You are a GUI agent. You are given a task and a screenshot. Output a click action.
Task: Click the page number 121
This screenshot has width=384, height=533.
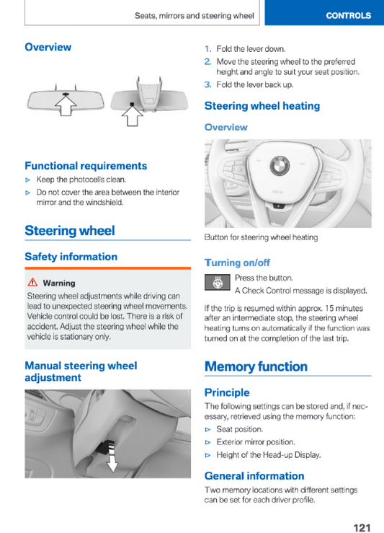click(x=362, y=527)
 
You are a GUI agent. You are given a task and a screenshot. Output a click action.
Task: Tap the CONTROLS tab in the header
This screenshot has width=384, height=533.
click(x=349, y=16)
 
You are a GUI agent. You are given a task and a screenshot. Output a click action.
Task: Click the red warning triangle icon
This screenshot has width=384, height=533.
click(x=32, y=282)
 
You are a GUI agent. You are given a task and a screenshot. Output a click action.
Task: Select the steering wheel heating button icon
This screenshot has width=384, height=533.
click(x=218, y=282)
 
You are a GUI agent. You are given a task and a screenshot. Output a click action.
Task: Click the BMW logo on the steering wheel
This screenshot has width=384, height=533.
click(x=280, y=166)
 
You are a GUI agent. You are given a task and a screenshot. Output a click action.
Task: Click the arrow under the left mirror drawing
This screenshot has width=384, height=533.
click(x=66, y=105)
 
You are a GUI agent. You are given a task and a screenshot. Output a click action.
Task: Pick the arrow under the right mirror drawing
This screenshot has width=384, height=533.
click(x=132, y=115)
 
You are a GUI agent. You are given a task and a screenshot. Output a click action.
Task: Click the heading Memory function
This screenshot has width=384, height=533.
click(x=256, y=366)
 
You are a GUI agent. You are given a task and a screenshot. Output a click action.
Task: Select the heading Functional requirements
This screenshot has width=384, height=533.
click(x=86, y=166)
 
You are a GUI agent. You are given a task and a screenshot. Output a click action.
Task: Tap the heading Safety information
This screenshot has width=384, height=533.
click(x=71, y=257)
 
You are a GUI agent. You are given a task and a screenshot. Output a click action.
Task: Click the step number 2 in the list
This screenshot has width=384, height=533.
click(x=207, y=61)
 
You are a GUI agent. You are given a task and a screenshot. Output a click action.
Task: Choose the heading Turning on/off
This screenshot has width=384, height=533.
click(x=237, y=263)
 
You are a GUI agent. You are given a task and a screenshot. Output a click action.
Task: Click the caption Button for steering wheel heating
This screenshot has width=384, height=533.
click(x=261, y=237)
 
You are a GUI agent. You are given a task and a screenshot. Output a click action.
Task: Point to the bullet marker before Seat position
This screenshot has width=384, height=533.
click(x=207, y=430)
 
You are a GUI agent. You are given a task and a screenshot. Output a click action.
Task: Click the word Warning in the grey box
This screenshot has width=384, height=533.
click(x=59, y=283)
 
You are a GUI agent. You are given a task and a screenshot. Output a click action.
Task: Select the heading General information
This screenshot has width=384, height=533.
click(x=254, y=476)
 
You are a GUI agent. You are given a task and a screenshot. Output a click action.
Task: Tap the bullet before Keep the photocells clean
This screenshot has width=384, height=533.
click(x=28, y=180)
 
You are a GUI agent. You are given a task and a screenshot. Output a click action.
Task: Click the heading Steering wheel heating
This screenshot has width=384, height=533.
click(x=262, y=106)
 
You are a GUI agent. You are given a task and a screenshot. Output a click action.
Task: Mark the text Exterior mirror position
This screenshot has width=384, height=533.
click(x=256, y=442)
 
